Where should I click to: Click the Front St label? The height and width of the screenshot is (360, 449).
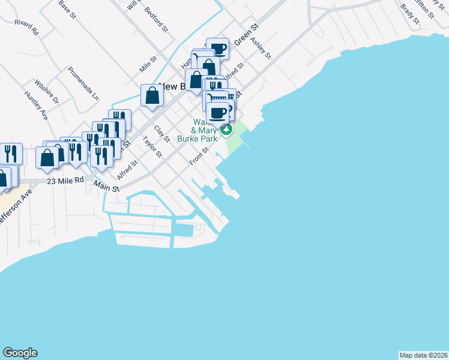pyautogui.click(x=198, y=157)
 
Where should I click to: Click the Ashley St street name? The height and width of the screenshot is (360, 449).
pyautogui.click(x=262, y=49)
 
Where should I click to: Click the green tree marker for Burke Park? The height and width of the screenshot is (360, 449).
pyautogui.click(x=227, y=129)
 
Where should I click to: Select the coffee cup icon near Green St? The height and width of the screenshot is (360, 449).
pyautogui.click(x=218, y=49)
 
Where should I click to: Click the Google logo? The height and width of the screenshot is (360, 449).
pyautogui.click(x=20, y=353)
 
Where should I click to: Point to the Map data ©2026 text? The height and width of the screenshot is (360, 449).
pyautogui.click(x=423, y=355)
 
